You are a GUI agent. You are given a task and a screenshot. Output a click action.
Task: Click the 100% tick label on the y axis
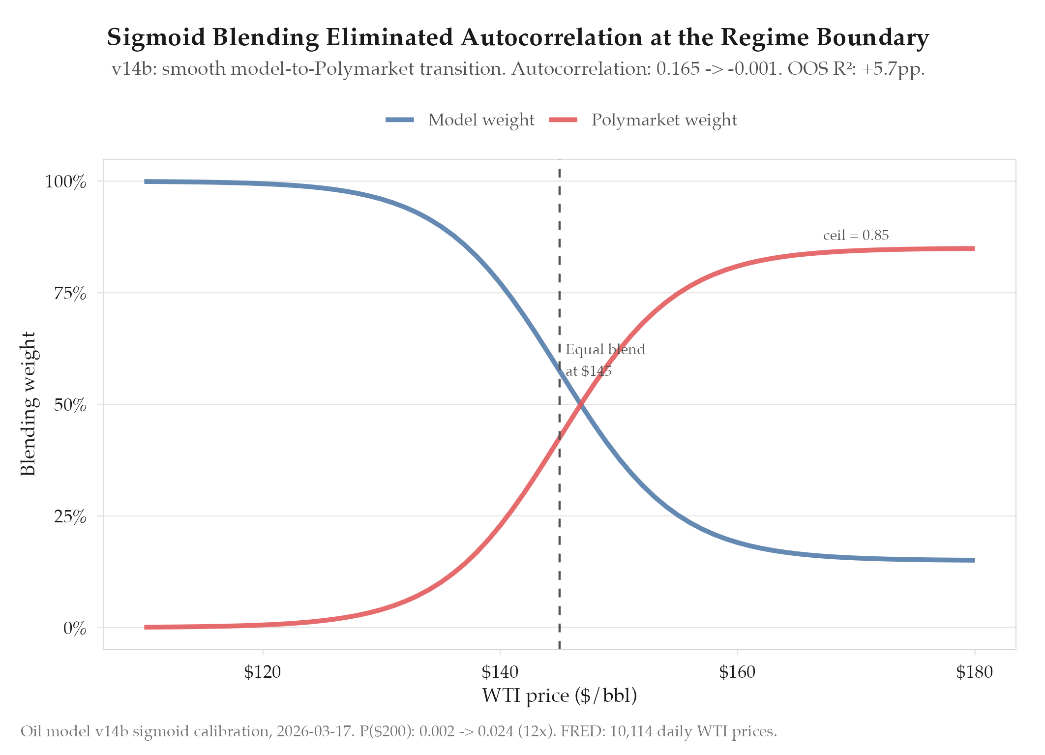point(65,182)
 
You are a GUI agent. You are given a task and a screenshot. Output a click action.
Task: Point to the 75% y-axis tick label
point(69,294)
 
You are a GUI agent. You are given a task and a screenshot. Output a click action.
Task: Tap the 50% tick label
point(69,405)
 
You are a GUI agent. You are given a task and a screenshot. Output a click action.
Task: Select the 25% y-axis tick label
point(69,516)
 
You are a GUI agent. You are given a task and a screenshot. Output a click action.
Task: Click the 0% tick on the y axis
point(74,628)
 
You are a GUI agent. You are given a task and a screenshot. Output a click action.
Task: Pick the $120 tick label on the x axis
point(263,671)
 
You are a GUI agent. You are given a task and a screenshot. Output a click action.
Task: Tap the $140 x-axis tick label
point(500,671)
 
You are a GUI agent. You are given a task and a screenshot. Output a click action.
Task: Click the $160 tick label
point(737,671)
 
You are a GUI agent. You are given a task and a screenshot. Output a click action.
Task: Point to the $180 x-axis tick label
point(974,671)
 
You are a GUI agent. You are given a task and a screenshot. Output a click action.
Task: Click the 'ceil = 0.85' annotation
point(856,236)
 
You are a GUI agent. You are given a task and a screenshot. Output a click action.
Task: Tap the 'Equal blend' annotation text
point(605,350)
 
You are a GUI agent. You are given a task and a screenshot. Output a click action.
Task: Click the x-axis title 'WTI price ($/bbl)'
point(559,695)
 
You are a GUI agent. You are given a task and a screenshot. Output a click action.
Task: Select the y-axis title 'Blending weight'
point(28,404)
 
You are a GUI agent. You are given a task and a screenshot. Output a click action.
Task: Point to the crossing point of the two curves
point(581,404)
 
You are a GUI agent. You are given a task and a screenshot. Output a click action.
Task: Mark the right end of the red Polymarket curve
point(974,248)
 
